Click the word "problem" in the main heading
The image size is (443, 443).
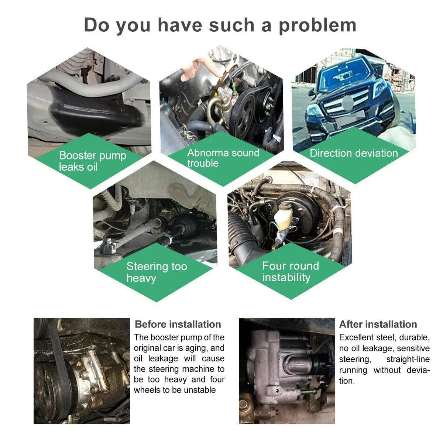(x=317, y=26)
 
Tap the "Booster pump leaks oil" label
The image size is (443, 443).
(x=92, y=161)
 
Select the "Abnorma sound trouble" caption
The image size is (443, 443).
(x=223, y=158)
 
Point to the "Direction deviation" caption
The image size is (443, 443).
(x=354, y=153)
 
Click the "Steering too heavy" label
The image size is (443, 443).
(x=157, y=272)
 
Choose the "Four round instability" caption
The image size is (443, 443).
(x=291, y=271)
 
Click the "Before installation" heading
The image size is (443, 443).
(x=178, y=324)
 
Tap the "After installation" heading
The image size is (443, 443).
(x=378, y=324)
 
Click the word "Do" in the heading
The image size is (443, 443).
(x=97, y=25)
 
